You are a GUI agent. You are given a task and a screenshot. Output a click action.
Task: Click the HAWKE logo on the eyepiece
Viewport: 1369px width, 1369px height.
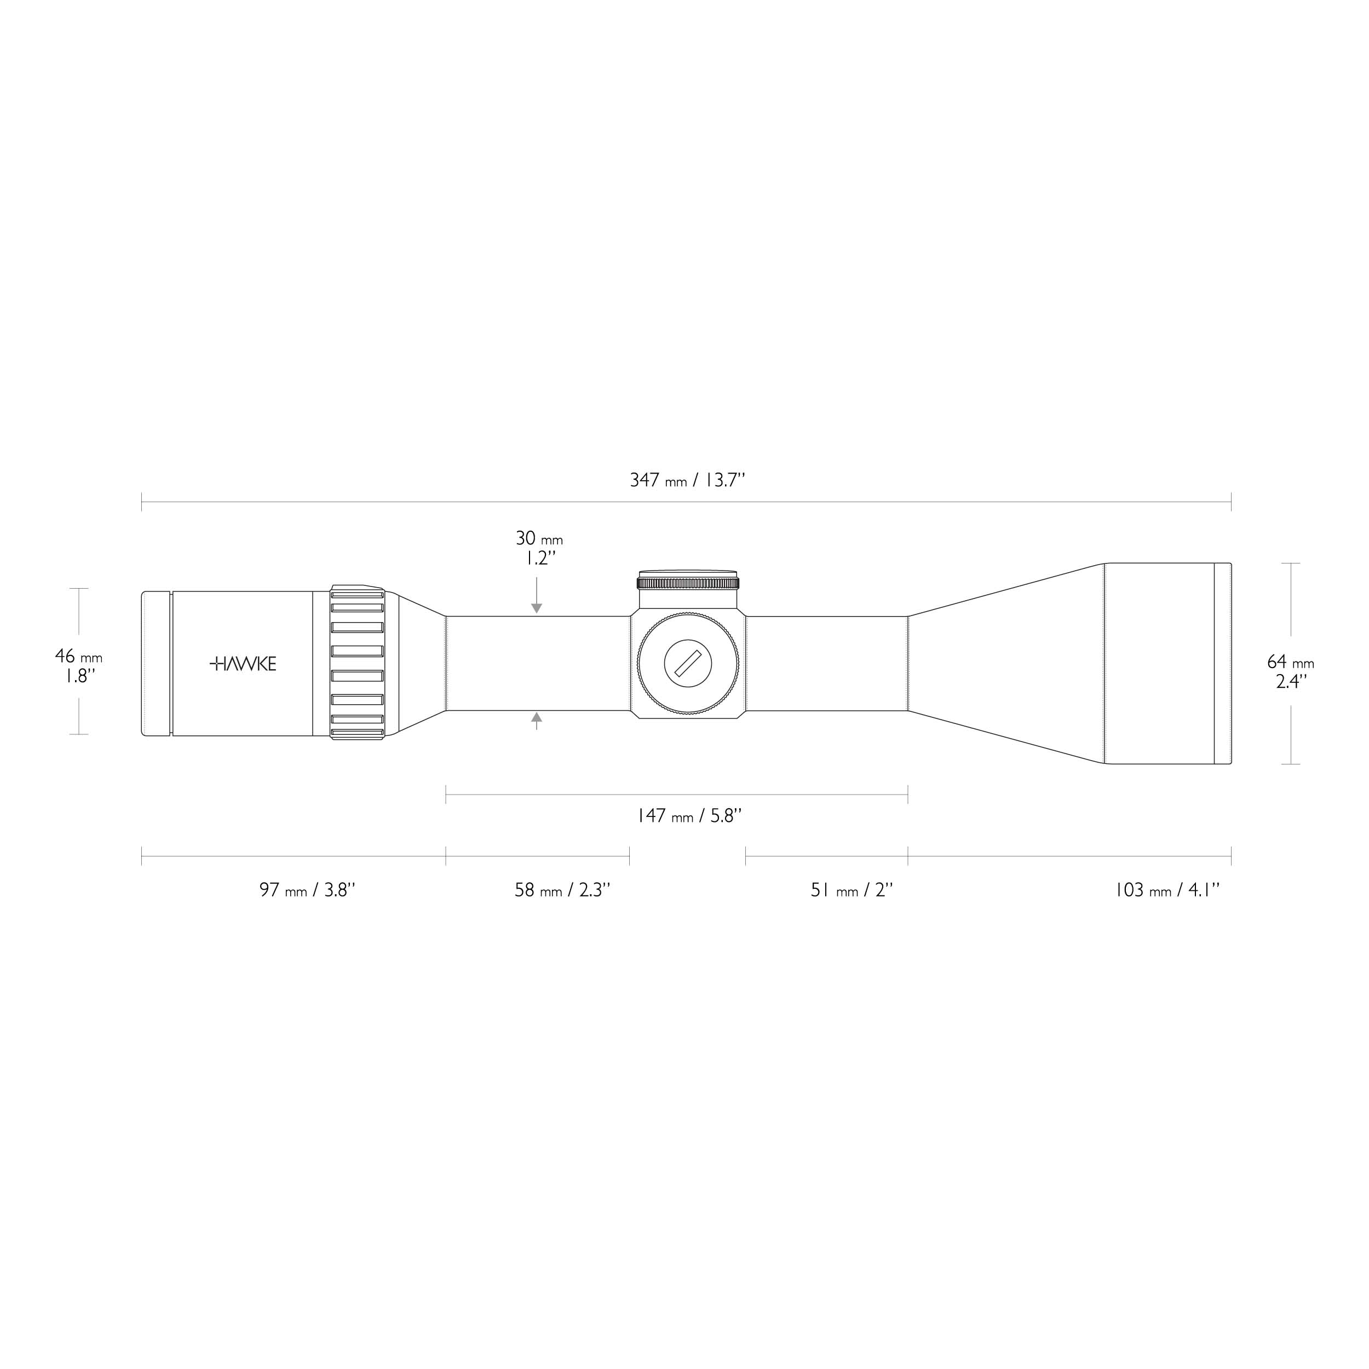coord(243,664)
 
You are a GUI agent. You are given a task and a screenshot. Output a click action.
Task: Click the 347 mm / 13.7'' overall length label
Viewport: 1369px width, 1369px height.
coord(687,480)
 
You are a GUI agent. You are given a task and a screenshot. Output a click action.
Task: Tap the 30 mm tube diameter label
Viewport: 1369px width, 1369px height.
coord(538,538)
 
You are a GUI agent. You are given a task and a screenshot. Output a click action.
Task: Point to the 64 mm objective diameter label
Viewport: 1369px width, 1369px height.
coord(1290,663)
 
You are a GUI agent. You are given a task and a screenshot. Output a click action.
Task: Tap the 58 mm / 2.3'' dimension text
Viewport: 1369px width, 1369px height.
coord(562,890)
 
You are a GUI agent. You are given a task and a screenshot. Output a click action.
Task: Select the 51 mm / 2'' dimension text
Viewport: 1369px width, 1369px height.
coord(852,890)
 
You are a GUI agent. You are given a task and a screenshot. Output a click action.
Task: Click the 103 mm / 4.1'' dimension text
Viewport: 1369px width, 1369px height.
coord(1167,890)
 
